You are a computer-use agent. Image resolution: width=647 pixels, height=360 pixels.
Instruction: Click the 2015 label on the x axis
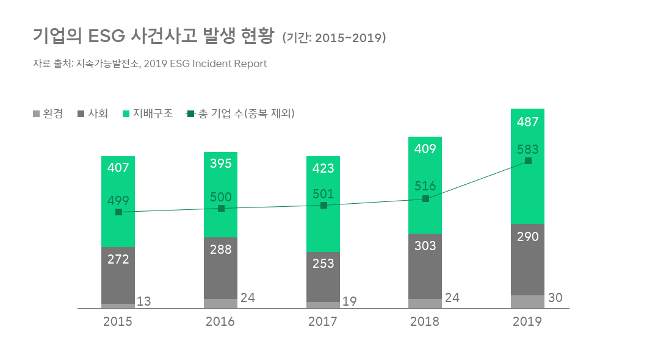(118, 322)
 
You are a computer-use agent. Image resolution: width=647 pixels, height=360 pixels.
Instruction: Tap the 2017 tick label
(323, 322)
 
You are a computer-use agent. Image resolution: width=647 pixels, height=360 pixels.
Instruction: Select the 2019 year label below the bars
(527, 322)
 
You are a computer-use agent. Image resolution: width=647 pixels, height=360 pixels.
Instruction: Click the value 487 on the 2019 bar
(527, 122)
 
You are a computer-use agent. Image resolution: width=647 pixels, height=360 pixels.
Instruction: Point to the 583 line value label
(527, 149)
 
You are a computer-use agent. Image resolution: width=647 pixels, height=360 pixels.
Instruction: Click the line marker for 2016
(221, 209)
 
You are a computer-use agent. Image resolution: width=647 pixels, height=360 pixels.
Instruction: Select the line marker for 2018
(425, 199)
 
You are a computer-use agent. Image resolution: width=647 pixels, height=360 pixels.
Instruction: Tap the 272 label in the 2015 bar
(118, 259)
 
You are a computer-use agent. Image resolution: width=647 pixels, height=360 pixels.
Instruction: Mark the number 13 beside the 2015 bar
(144, 301)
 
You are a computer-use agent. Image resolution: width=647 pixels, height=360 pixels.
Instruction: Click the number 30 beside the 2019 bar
(555, 298)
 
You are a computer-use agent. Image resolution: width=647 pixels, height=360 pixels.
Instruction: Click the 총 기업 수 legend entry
(240, 113)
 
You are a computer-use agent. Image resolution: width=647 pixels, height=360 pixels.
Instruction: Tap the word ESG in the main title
(107, 36)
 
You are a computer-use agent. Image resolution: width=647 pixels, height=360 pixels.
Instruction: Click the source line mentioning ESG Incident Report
(150, 63)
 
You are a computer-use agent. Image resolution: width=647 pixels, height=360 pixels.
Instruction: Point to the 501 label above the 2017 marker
(323, 194)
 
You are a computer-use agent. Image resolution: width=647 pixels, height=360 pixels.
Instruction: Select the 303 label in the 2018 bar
(425, 245)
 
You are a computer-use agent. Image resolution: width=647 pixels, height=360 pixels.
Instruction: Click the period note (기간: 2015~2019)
(334, 38)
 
